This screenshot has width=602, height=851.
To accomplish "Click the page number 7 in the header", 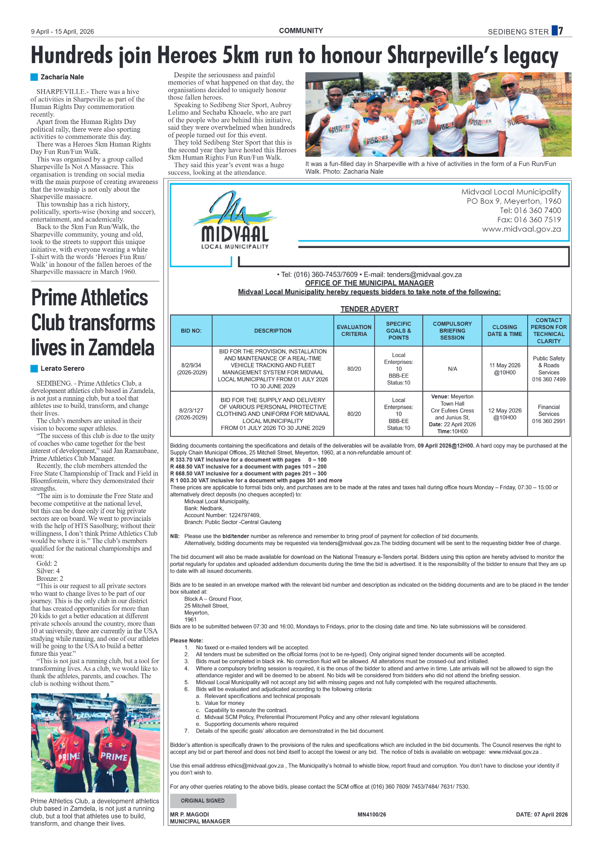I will tap(560, 31).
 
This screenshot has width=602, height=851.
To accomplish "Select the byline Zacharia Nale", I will tap(62, 77).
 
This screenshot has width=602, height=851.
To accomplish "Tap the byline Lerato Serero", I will tap(62, 368).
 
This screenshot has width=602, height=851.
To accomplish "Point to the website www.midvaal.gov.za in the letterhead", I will tap(521, 229).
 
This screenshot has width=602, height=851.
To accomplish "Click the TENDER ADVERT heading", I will tap(369, 309).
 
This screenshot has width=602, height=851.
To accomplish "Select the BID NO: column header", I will tap(191, 331).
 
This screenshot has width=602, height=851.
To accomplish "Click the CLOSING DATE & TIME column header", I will tap(504, 331).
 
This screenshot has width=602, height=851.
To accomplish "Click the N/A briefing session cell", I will tap(452, 369).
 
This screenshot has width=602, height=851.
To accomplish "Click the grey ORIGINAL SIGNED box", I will tap(203, 800).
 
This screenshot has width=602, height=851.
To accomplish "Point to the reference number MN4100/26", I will tap(371, 814).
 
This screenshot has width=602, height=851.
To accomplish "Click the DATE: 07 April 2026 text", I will tap(541, 814).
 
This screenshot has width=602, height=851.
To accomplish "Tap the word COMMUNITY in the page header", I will tap(301, 31).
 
